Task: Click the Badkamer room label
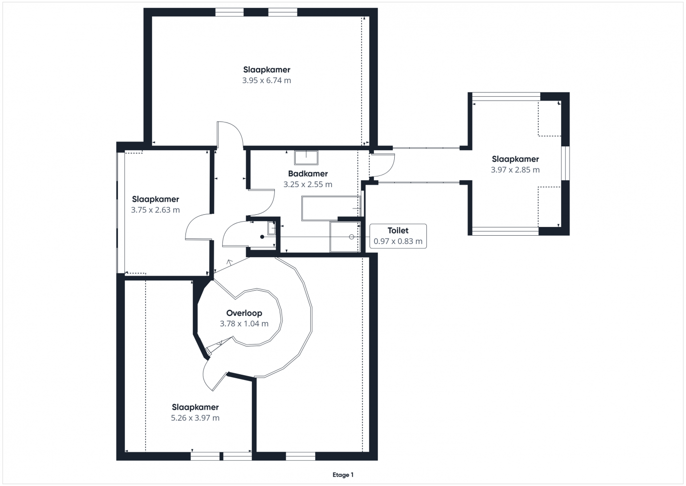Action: pos(308,174)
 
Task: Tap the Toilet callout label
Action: pos(398,230)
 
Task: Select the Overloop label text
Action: pos(244,313)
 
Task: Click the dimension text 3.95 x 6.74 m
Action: pos(267,81)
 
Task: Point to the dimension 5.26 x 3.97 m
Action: pos(195,418)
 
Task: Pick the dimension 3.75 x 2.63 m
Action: pos(155,210)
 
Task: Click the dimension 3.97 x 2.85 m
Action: pos(515,170)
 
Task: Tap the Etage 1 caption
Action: pos(343,475)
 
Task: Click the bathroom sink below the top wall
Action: pos(306,157)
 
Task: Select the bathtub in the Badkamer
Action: pos(332,208)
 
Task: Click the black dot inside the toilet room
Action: pos(262,237)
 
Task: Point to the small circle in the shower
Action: pos(351,237)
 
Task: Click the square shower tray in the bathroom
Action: pos(345,237)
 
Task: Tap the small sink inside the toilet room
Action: pos(272,228)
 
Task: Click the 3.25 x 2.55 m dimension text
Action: pos(308,185)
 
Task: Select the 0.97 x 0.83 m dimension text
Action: pos(398,242)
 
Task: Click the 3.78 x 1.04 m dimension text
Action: pos(244,324)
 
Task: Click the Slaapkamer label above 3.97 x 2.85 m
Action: pos(515,159)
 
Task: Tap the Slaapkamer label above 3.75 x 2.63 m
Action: pos(155,199)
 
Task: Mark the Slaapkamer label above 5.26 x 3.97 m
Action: pos(195,407)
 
